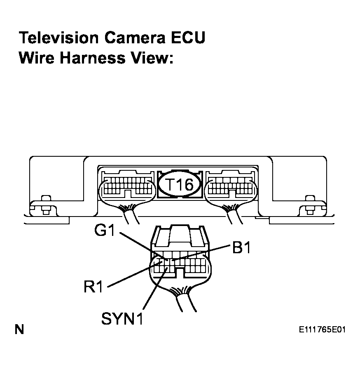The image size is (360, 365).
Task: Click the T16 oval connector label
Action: coord(180,184)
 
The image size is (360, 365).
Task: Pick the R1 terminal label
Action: coord(93,287)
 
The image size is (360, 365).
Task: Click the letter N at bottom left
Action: coord(19,330)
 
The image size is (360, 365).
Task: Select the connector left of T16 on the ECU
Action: coord(128,187)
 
